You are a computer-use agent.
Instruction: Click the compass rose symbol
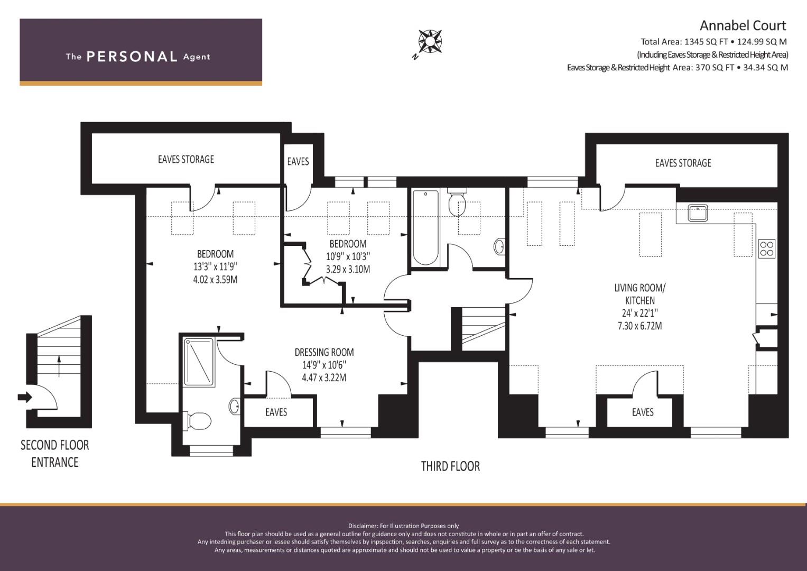click(x=430, y=42)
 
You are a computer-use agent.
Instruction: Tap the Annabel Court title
click(x=743, y=25)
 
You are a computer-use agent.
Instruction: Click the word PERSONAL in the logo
click(x=132, y=57)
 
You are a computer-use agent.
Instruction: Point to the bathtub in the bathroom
click(x=425, y=228)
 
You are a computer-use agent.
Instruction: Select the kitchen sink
click(x=698, y=213)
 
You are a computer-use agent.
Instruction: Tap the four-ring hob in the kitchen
click(x=767, y=248)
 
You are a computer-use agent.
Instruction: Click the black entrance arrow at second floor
click(x=25, y=398)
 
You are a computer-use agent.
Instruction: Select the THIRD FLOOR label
click(x=450, y=466)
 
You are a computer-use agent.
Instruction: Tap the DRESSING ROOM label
click(x=324, y=352)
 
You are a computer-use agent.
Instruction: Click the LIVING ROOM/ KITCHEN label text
click(x=640, y=294)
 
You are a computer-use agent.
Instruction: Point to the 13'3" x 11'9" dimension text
click(x=216, y=267)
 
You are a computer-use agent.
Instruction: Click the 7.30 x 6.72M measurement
click(x=640, y=326)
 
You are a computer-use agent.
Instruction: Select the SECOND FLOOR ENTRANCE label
click(x=55, y=454)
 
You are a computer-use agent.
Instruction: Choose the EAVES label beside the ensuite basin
click(x=276, y=412)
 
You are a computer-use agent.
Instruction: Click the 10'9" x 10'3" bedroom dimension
click(x=348, y=256)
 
